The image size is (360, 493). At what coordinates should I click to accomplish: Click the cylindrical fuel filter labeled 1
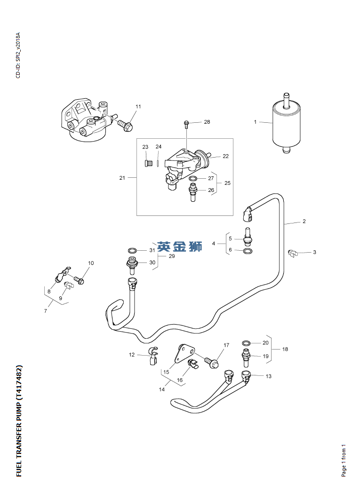(286, 123)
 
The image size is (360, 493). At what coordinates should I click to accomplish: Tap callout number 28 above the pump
(207, 122)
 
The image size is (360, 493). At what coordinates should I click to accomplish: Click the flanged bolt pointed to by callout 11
(126, 125)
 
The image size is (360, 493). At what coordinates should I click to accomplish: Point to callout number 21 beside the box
(122, 178)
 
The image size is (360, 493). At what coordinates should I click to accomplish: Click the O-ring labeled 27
(193, 179)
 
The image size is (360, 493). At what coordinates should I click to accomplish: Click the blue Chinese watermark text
(179, 246)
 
